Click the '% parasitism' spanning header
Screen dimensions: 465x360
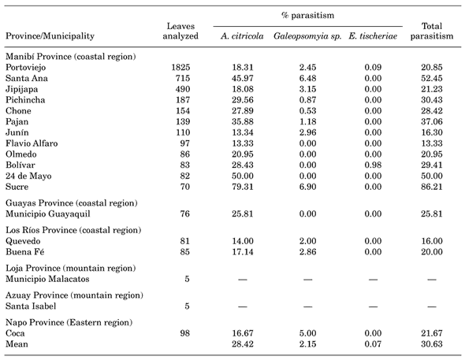click(308, 16)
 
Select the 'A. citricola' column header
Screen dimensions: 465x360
click(242, 36)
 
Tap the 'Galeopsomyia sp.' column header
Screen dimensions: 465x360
click(307, 36)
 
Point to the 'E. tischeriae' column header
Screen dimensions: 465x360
click(373, 36)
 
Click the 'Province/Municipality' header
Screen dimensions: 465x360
click(50, 36)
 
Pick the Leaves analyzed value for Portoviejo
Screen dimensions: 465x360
click(180, 68)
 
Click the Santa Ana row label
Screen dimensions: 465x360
click(26, 78)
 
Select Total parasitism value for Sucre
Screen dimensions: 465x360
click(431, 187)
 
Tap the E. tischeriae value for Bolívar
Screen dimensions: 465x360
click(373, 165)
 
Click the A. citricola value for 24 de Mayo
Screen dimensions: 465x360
click(242, 176)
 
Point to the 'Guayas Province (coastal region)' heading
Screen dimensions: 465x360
click(72, 203)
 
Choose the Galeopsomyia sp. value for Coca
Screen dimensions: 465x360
click(307, 333)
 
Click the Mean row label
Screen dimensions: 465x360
click(17, 344)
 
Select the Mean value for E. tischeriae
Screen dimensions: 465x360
click(373, 344)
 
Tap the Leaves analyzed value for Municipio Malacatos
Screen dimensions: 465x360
click(187, 279)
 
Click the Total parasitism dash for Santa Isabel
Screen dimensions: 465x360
click(431, 306)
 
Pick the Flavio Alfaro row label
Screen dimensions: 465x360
click(32, 143)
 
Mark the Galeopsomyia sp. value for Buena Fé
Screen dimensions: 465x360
click(307, 252)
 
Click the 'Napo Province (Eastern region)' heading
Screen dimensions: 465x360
click(69, 323)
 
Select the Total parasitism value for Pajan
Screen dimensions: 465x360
click(431, 122)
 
